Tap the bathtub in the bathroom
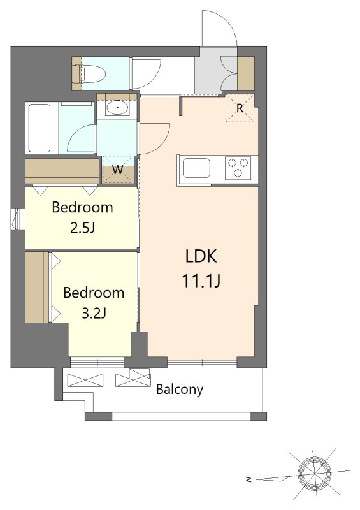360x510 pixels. [40, 128]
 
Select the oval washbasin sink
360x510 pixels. [117, 107]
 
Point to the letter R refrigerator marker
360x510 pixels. [240, 108]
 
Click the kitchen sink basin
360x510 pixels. [196, 168]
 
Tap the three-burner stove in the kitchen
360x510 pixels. [238, 168]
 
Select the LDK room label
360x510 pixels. [201, 256]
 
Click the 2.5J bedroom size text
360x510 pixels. [82, 228]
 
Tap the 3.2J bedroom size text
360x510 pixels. [93, 313]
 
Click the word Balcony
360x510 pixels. [180, 390]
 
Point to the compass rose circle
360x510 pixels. [315, 473]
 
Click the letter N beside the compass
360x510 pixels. [248, 479]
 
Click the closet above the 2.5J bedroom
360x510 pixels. [62, 171]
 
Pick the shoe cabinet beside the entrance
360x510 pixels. [246, 73]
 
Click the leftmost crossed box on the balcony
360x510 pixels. [85, 380]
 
